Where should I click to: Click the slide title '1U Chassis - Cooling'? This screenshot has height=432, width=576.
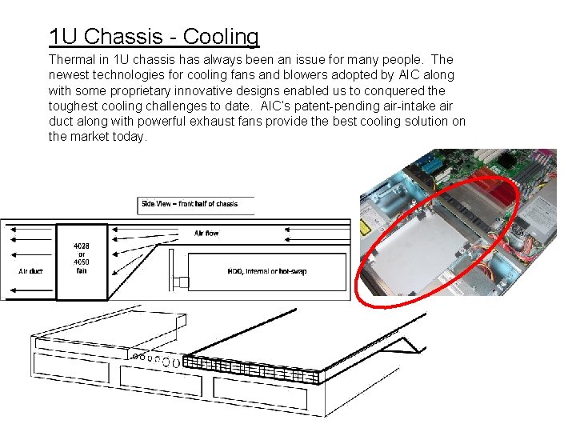tap(154, 37)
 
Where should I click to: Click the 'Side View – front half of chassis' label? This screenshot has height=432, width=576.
tap(190, 204)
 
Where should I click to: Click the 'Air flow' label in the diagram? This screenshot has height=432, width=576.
tap(206, 234)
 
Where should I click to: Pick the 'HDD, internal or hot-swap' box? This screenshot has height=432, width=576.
tap(266, 272)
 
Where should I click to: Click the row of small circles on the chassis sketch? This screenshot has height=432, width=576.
tap(155, 358)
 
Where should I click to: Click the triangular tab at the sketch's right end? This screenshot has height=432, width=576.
tap(411, 345)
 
